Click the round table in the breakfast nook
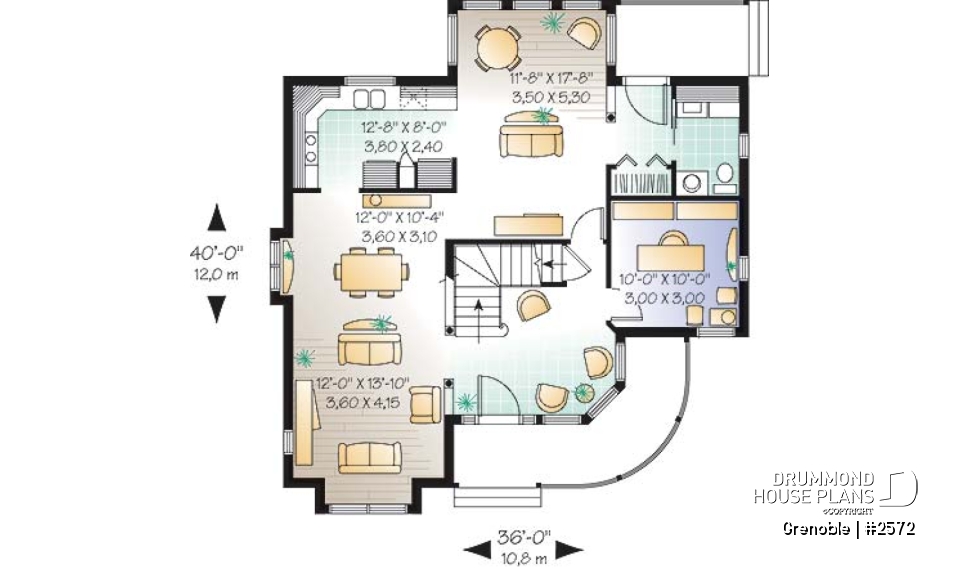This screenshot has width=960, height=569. pos(496,44)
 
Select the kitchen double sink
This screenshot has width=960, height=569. pos(369,98)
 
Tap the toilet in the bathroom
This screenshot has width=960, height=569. pos(725,179)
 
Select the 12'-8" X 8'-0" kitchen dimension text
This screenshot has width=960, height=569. pos(402,127)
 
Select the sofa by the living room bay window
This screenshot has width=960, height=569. pos(369,455)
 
